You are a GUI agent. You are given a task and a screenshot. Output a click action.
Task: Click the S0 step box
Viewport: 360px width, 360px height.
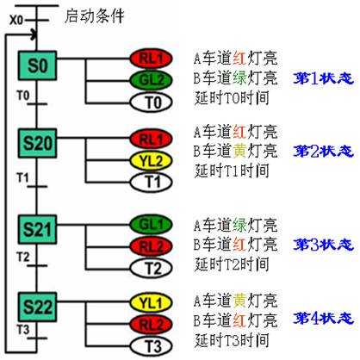(x=37, y=65)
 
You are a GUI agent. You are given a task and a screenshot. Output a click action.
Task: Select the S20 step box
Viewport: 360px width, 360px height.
(x=37, y=143)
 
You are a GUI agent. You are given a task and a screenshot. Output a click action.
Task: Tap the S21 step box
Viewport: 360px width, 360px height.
(x=37, y=229)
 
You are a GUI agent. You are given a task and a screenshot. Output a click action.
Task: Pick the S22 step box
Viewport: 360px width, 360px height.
(x=37, y=307)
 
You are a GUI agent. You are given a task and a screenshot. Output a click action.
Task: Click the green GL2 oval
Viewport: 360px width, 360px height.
(x=151, y=80)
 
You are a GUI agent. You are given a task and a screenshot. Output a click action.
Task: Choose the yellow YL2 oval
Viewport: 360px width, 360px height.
(x=151, y=161)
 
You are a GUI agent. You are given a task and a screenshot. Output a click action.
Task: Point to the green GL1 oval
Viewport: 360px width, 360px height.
(x=151, y=224)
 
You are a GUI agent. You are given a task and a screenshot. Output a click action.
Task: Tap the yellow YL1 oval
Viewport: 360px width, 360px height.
(x=151, y=302)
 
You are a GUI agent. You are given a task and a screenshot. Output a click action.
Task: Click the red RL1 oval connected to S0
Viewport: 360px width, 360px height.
(x=151, y=59)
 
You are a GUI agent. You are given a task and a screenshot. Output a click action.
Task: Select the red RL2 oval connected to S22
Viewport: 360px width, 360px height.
(x=151, y=325)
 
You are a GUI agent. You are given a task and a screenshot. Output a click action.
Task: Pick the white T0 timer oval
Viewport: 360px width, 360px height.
(x=151, y=102)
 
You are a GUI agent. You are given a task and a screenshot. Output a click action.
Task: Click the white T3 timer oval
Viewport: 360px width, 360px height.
(x=151, y=346)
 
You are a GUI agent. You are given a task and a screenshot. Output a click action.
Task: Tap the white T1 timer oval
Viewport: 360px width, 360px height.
(x=151, y=182)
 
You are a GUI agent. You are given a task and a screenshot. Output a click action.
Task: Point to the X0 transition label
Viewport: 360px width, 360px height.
(x=16, y=21)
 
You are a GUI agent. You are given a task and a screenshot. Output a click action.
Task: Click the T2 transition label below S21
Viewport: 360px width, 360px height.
(x=23, y=257)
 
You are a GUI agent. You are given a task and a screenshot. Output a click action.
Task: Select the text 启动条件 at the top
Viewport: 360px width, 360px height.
(x=94, y=16)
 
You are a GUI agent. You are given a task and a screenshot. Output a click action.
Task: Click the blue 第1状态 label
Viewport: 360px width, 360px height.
(x=323, y=78)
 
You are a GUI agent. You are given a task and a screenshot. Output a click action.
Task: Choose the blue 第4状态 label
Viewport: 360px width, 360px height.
(x=323, y=318)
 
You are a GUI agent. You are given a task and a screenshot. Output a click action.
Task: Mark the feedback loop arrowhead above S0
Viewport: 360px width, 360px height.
(x=34, y=35)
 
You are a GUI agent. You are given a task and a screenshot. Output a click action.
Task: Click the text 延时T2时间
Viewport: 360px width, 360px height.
(x=232, y=264)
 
